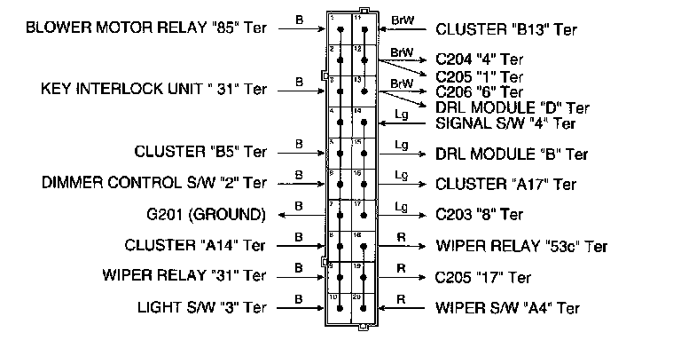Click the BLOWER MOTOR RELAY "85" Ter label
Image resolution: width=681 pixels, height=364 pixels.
click(x=146, y=28)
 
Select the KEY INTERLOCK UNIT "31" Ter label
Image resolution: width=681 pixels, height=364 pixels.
click(x=153, y=90)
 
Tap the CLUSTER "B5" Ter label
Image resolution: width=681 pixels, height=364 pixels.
click(x=200, y=152)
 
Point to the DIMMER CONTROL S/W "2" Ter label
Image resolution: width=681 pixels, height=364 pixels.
click(x=153, y=183)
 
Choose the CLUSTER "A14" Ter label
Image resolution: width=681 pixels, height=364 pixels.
click(x=195, y=245)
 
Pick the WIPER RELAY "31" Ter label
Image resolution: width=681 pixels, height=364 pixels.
click(x=184, y=275)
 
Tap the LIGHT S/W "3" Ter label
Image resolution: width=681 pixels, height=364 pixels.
click(x=201, y=307)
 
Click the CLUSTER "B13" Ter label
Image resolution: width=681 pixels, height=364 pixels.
click(x=506, y=30)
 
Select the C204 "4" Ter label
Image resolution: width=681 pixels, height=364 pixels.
click(x=478, y=59)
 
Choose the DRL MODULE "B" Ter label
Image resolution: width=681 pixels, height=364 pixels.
click(x=512, y=154)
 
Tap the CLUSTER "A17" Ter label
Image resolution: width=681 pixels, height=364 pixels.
click(x=506, y=185)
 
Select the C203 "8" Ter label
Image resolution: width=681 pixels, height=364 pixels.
click(x=479, y=215)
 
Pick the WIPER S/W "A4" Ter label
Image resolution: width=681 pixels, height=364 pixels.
click(x=508, y=308)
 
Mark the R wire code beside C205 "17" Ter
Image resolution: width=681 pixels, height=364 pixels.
click(x=401, y=267)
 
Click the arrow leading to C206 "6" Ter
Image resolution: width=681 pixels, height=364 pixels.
click(x=408, y=91)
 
